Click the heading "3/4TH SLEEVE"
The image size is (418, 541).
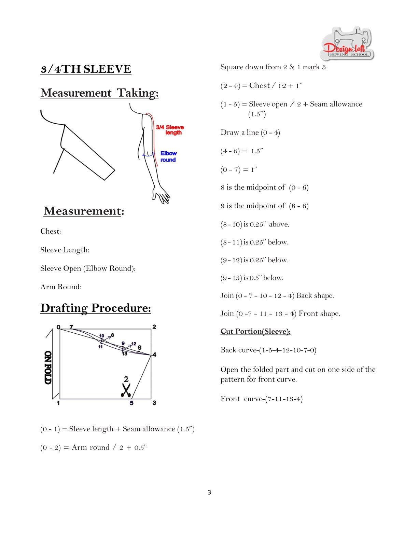pyautogui.click(x=86, y=69)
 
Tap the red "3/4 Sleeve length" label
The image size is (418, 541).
pyautogui.click(x=170, y=130)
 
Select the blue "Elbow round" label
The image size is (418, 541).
pyautogui.click(x=168, y=156)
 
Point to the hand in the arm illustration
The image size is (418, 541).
pyautogui.click(x=161, y=195)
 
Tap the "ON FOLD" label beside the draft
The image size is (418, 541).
pyautogui.click(x=48, y=367)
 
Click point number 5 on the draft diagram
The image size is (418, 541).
pyautogui.click(x=131, y=403)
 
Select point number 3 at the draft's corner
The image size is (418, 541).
pyautogui.click(x=154, y=403)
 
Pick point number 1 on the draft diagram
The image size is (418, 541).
pyautogui.click(x=58, y=403)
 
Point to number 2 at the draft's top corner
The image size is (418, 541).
pyautogui.click(x=154, y=327)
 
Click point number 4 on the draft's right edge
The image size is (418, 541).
pyautogui.click(x=155, y=355)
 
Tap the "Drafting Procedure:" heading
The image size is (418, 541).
pyautogui.click(x=96, y=308)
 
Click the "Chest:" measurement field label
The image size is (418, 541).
pyautogui.click(x=51, y=231)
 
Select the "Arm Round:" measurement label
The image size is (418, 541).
pyautogui.click(x=61, y=287)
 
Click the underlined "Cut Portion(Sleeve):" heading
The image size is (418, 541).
pyautogui.click(x=255, y=331)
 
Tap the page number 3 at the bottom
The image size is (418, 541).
pyautogui.click(x=209, y=492)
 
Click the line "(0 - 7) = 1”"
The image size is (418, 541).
pyautogui.click(x=239, y=169)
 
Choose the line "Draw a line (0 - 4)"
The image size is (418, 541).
pyautogui.click(x=250, y=133)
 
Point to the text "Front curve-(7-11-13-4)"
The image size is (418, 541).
pyautogui.click(x=262, y=399)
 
